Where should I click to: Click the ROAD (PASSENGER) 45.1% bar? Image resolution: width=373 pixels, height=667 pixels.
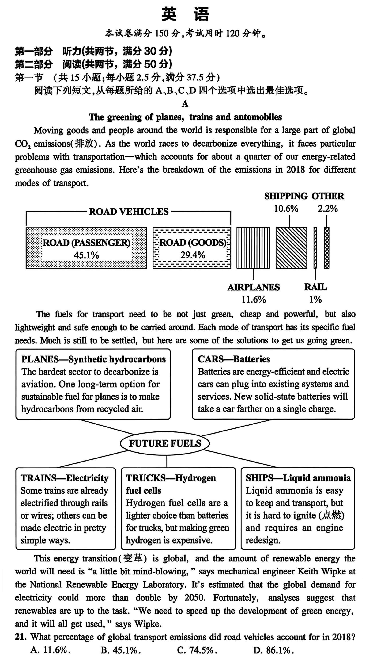tap(86, 248)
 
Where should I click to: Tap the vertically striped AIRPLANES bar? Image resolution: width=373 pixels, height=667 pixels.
tap(253, 248)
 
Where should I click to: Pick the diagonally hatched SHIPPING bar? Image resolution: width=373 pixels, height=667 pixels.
tap(291, 248)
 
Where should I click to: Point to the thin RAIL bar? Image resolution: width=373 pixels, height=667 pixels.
tap(315, 248)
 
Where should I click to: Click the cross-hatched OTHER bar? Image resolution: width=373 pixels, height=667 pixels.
tap(326, 248)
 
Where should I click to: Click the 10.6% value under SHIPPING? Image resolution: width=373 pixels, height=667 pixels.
tap(286, 209)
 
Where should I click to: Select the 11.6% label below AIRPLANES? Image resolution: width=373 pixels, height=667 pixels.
tap(254, 300)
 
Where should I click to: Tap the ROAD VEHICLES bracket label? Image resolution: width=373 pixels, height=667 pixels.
tap(129, 212)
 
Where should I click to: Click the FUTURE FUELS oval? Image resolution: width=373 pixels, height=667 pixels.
tap(165, 443)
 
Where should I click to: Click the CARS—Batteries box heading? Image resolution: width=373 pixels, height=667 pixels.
tap(234, 359)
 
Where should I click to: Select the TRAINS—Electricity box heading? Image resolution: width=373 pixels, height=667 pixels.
tap(64, 478)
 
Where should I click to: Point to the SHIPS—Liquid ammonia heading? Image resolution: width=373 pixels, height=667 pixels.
tap(298, 478)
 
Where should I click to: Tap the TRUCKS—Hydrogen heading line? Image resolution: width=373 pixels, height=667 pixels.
tap(171, 478)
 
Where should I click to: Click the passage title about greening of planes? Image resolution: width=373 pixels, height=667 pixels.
tap(185, 117)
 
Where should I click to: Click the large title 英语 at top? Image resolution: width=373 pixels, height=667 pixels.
tap(185, 14)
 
